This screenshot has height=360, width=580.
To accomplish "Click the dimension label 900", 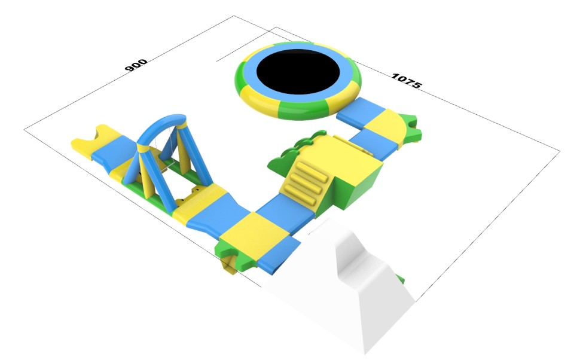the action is pyautogui.click(x=136, y=66).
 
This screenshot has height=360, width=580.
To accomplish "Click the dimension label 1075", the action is pyautogui.click(x=406, y=81).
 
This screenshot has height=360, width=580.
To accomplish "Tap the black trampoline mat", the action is pyautogui.click(x=298, y=72).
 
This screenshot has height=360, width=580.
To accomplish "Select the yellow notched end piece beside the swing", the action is pyautogui.click(x=94, y=139).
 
